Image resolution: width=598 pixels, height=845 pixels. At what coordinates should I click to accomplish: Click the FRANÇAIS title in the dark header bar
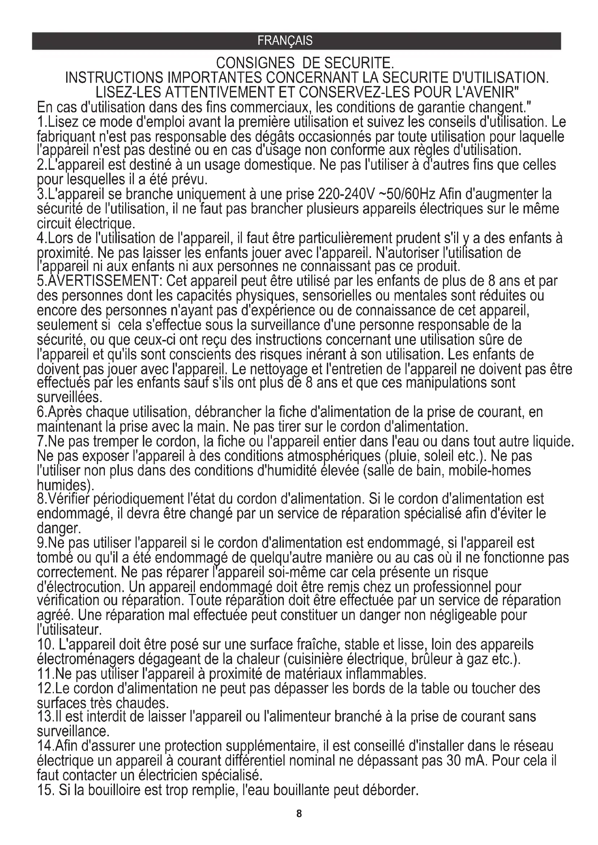285,40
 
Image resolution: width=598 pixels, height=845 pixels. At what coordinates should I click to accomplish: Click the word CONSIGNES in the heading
255,64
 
